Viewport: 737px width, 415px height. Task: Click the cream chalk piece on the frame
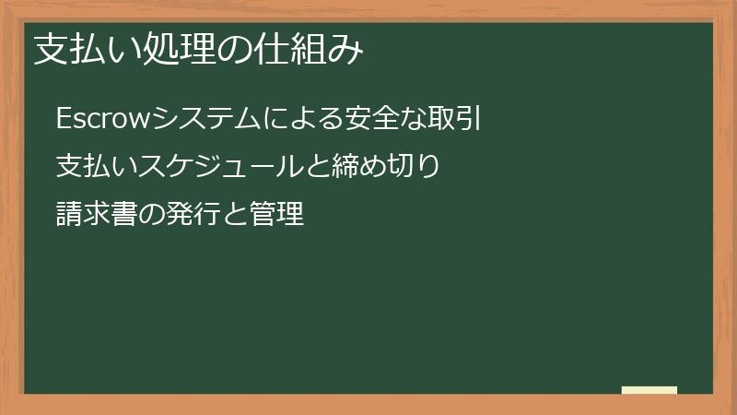[x=649, y=390]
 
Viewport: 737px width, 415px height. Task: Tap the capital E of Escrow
[x=63, y=119]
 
